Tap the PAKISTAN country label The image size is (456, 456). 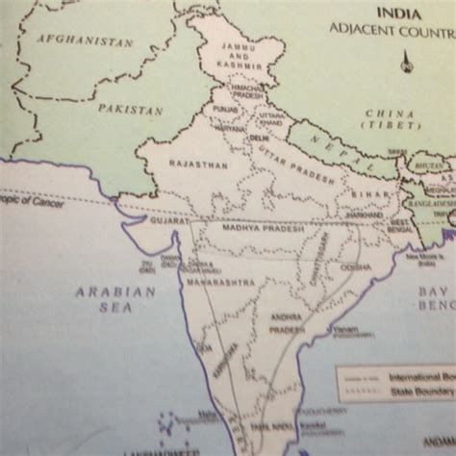click(130, 110)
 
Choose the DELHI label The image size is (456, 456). click(259, 139)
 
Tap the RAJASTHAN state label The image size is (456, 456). click(198, 165)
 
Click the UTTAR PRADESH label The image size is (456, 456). click(307, 166)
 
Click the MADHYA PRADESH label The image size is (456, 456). click(256, 229)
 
